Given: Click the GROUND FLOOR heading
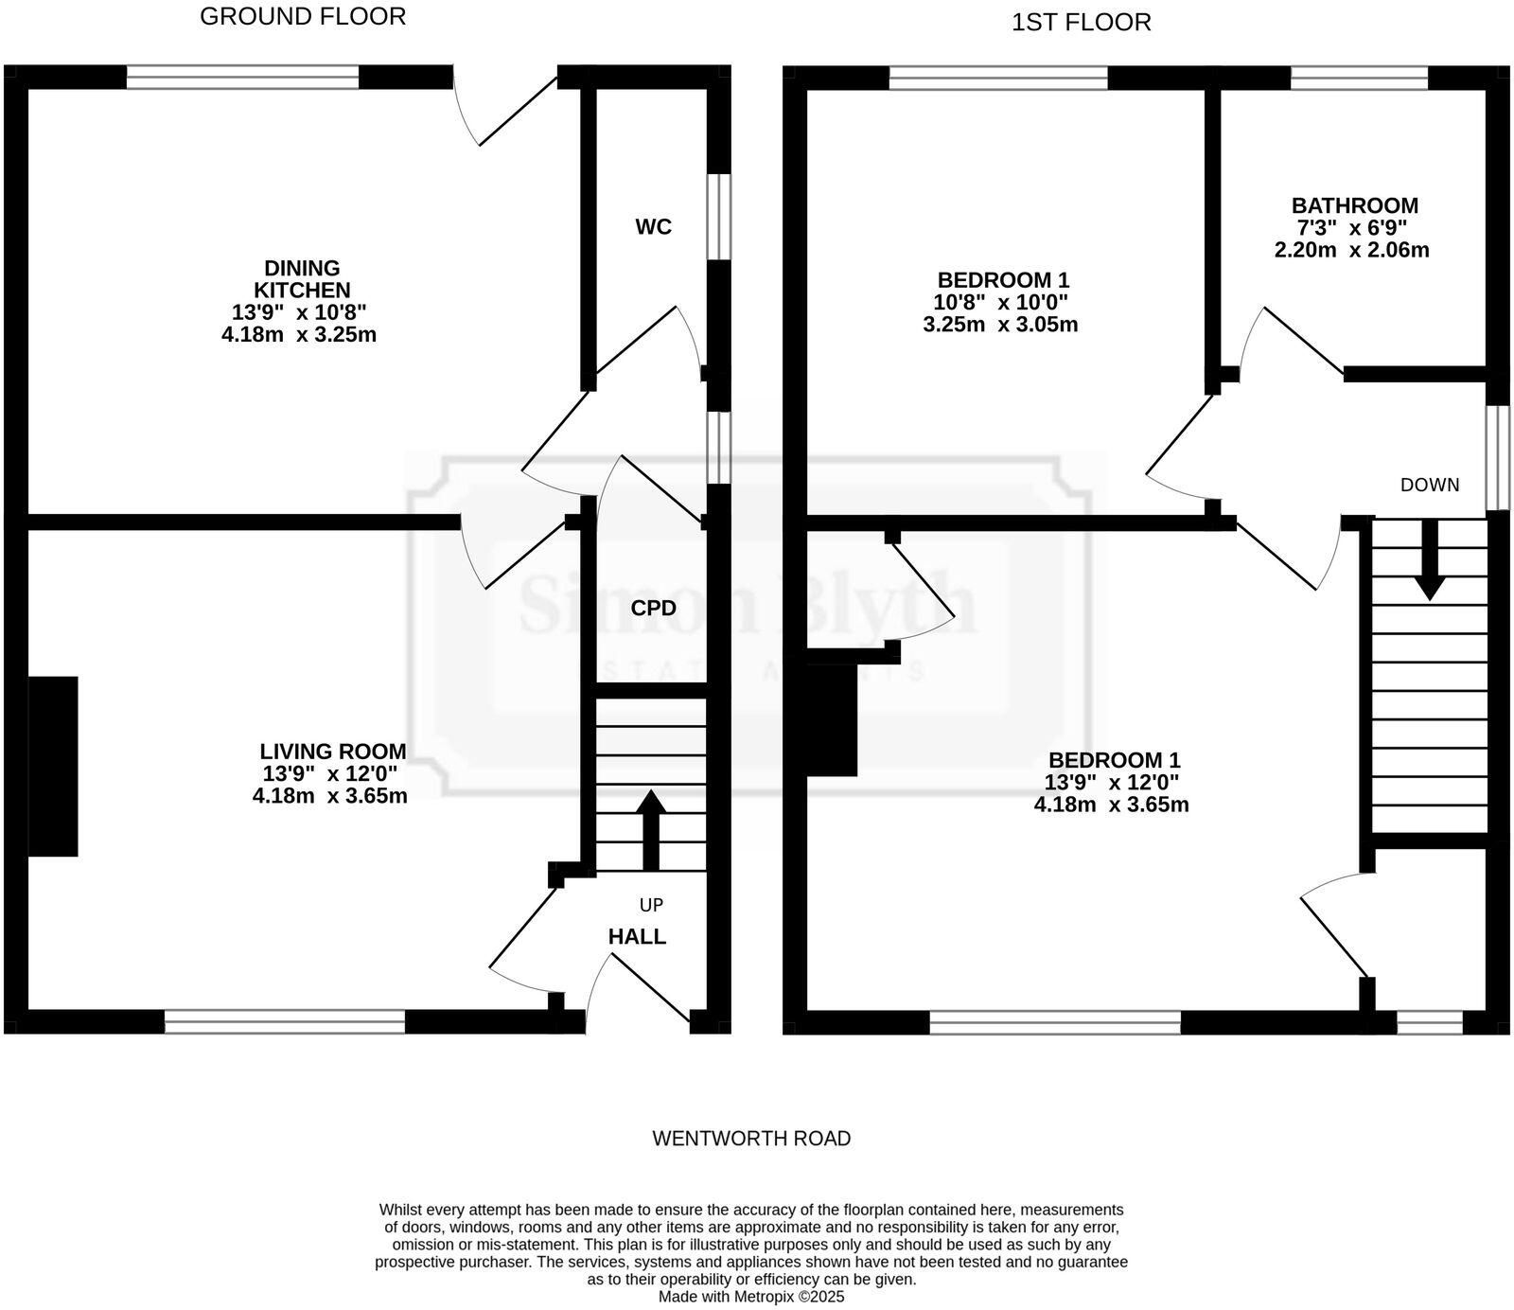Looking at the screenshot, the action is click(303, 16).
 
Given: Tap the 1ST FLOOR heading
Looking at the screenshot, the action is click(1082, 23).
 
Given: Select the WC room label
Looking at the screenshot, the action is click(654, 227).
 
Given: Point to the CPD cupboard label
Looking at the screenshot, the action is click(654, 609).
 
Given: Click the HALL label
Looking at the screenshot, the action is click(637, 937).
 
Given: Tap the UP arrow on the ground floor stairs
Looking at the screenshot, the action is click(651, 830).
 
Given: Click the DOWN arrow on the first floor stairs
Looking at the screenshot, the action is click(1430, 559).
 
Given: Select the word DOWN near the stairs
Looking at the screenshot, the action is click(1430, 485).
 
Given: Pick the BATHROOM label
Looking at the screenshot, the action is click(1355, 205).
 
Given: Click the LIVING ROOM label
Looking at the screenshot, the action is click(333, 752).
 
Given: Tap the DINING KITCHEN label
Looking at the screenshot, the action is click(302, 279).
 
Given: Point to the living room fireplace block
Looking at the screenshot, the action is click(53, 767).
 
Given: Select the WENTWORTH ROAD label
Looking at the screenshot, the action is click(751, 1139).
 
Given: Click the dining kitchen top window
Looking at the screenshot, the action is click(243, 77).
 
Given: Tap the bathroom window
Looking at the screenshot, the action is click(1360, 78).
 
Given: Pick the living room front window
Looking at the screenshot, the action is click(285, 1022).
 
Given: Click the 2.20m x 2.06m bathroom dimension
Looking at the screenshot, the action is click(1351, 251).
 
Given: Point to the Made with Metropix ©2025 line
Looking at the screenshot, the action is click(751, 1297).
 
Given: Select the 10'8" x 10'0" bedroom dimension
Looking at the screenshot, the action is click(1002, 303).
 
